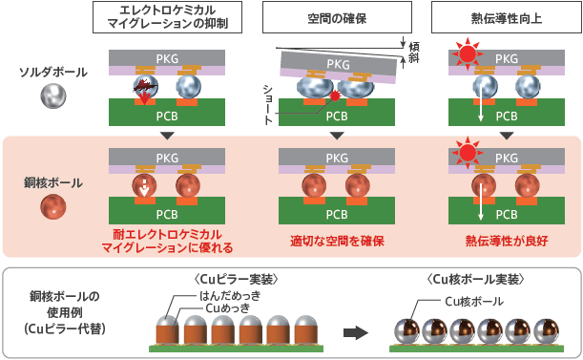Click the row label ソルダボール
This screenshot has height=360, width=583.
click(x=54, y=72)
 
